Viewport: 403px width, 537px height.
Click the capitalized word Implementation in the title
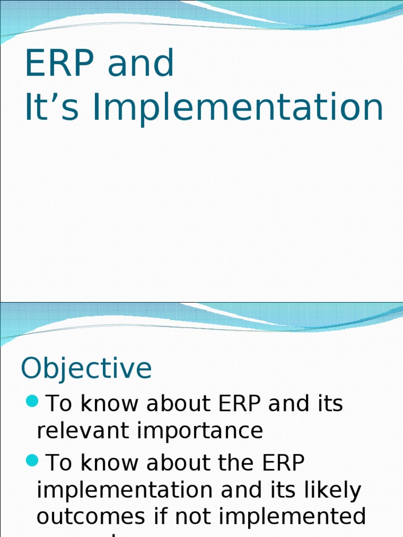coord(238,107)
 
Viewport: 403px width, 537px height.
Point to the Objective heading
coord(86,369)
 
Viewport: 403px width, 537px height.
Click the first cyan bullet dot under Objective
coord(32,402)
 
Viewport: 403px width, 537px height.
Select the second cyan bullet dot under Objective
coord(32,461)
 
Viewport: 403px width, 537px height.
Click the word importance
coord(200,431)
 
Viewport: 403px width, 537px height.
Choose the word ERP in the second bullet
coord(280,463)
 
